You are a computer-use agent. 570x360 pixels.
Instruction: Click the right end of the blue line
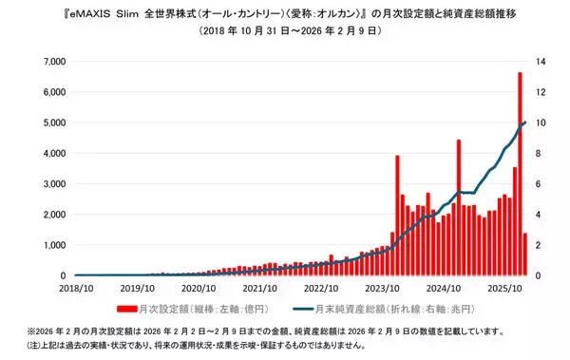(x=525, y=123)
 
